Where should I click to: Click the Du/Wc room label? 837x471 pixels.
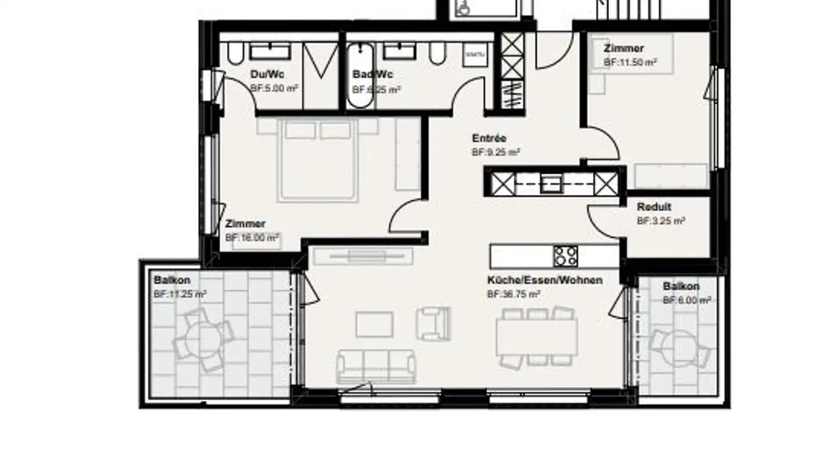(x=267, y=74)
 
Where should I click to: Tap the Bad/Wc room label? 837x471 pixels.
(x=373, y=74)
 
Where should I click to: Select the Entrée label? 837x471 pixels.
(x=489, y=138)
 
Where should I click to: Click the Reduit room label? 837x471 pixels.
(x=654, y=207)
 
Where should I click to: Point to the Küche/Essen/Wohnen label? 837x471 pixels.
(x=545, y=280)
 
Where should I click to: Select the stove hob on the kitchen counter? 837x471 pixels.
(x=566, y=256)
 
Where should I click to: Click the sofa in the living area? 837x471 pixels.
(x=376, y=366)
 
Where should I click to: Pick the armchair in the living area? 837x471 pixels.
(x=434, y=323)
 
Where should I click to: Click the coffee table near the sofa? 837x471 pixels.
(x=374, y=324)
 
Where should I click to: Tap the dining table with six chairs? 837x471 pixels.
(x=536, y=337)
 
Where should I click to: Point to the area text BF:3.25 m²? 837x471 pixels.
(x=660, y=222)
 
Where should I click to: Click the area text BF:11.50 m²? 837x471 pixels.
(x=630, y=62)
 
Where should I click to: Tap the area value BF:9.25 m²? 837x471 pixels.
(x=495, y=152)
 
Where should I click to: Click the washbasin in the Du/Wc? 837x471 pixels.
(x=270, y=51)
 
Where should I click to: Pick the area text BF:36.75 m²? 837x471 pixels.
(x=513, y=295)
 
